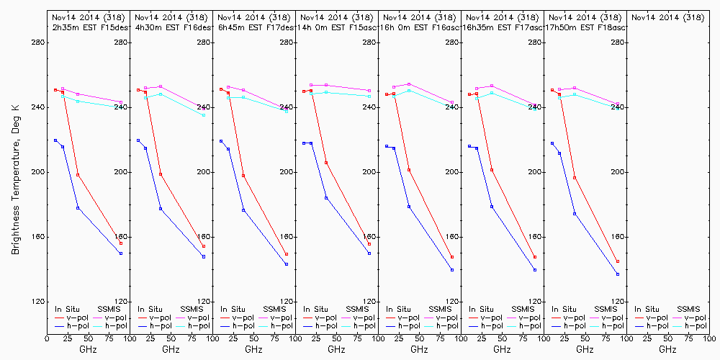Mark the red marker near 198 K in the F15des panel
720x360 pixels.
tap(78, 175)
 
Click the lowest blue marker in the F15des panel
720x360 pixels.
tap(121, 253)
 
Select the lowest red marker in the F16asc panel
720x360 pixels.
tap(452, 257)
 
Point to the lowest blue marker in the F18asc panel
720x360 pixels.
tap(618, 274)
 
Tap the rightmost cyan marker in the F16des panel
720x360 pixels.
tap(204, 115)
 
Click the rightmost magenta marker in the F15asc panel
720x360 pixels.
tap(369, 91)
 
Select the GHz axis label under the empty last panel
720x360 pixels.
tap(667, 349)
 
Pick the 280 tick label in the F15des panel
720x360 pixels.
tap(121, 42)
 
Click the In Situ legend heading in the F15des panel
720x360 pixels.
tap(67, 309)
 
